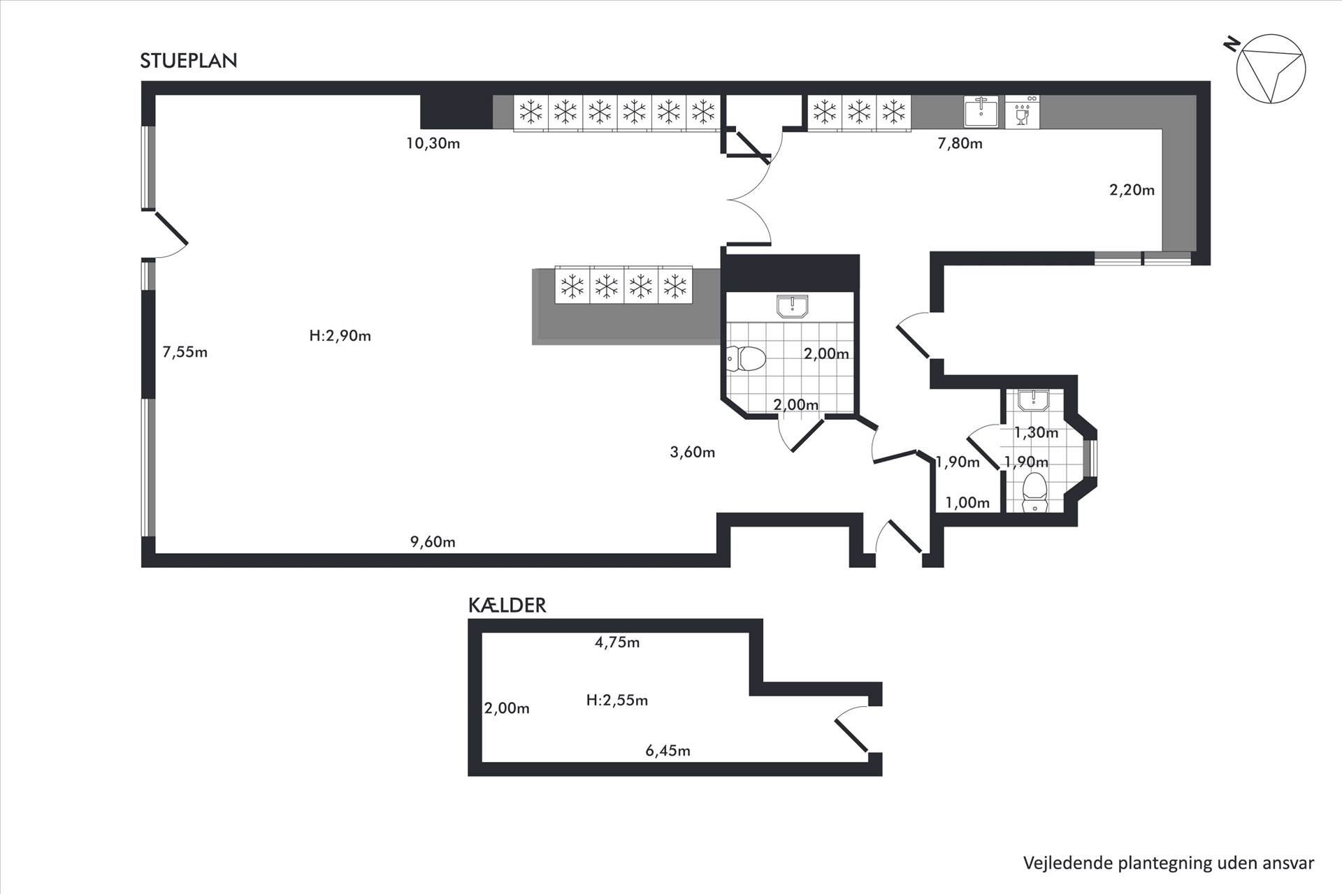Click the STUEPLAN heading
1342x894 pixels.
pos(189,61)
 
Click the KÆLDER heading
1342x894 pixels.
pos(507,606)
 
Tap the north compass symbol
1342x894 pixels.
pos(1270,69)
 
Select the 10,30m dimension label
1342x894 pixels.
pos(433,144)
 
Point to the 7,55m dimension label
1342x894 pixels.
pos(185,352)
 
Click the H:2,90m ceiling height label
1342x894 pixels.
pos(340,336)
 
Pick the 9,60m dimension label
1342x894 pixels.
pos(433,542)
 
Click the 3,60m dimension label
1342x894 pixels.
pos(692,453)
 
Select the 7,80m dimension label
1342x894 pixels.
pos(960,144)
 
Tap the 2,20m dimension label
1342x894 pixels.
pos(1132,190)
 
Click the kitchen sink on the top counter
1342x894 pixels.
pos(981,112)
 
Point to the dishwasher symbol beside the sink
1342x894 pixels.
pos(1023,112)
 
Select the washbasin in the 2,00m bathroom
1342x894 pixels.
pos(792,306)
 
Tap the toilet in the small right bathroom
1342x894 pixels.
pos(1034,492)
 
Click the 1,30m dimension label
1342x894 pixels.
pos(1036,433)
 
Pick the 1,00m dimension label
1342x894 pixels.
pos(967,503)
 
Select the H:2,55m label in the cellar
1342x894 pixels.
pos(616,701)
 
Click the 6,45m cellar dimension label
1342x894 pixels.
pos(668,752)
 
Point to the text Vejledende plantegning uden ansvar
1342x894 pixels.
pos(1169,863)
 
